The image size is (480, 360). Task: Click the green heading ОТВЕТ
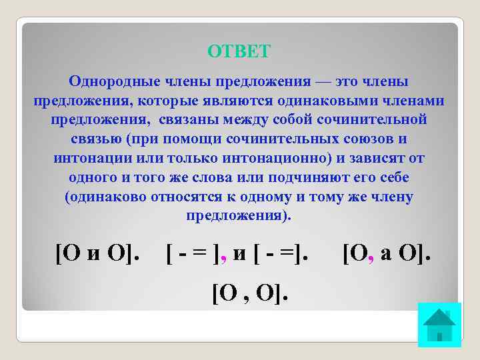[239, 51]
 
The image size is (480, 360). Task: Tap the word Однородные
[111, 81]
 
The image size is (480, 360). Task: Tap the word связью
[95, 140]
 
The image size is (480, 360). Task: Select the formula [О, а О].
[387, 253]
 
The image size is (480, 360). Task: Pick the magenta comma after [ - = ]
[224, 259]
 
